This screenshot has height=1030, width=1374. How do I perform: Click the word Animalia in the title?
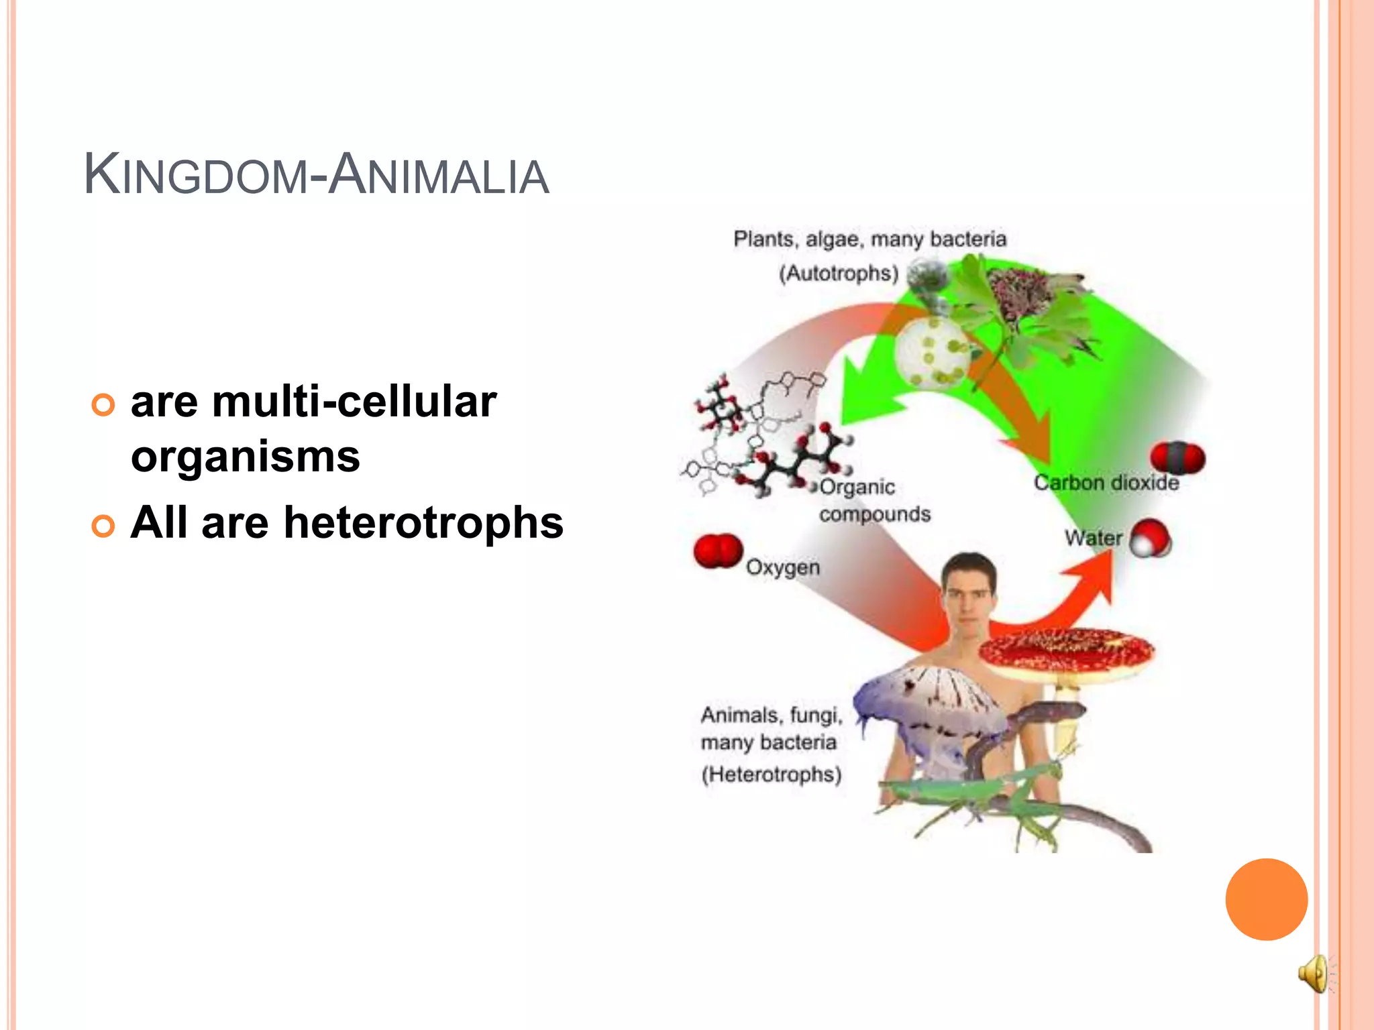coord(439,176)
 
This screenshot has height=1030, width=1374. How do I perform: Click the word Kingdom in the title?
coord(195,176)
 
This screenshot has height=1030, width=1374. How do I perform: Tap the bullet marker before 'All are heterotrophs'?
coord(103,526)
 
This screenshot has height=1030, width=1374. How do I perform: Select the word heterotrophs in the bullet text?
coord(423,523)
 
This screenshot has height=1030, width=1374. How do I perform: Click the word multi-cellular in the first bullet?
coord(354,402)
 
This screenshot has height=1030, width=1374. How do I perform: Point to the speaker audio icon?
coord(1314,973)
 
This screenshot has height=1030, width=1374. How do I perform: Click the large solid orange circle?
coord(1266,899)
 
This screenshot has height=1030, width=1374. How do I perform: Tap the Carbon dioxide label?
coord(1106,483)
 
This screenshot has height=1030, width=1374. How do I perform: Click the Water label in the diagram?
coord(1093,538)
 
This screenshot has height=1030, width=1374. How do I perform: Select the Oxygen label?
coord(783,567)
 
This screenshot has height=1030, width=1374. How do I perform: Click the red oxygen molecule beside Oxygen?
coord(718,551)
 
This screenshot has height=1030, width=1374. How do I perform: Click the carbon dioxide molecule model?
coord(1177,458)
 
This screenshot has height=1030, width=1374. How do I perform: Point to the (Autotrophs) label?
coord(838,274)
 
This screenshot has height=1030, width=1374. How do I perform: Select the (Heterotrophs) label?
coord(771,775)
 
